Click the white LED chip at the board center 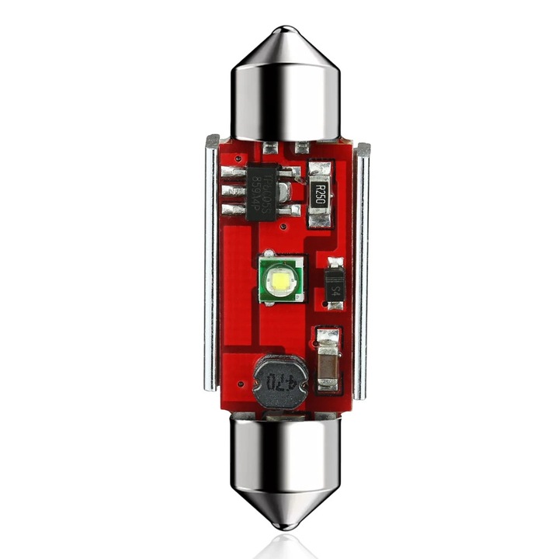(x=280, y=277)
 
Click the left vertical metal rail (x=211, y=264)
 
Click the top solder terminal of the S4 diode (x=335, y=263)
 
